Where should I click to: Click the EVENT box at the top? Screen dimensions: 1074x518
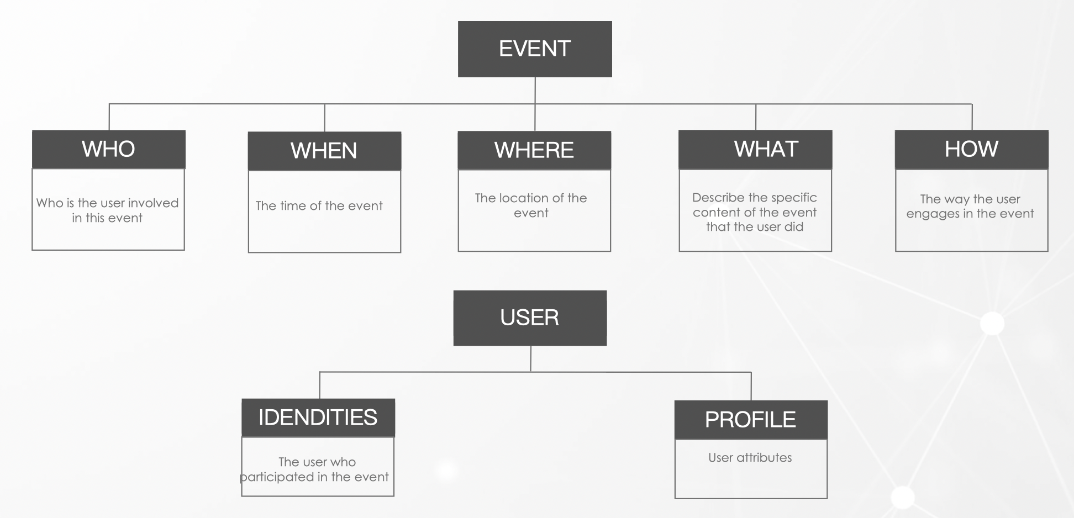pos(535,49)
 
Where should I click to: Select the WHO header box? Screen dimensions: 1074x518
pos(109,149)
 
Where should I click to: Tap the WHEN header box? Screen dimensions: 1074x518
pos(324,151)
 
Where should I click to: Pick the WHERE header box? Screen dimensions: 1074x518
pos(534,150)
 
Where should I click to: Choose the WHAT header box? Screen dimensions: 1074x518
pos(755,149)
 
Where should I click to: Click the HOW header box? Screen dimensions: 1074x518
pos(971,149)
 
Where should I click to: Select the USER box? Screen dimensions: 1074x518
pos(530,318)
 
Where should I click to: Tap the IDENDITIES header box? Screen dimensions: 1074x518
pos(318,417)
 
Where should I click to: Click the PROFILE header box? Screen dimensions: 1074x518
pos(751,420)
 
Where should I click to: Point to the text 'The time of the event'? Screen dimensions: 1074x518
pos(319,206)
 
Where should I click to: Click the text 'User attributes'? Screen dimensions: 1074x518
pos(750,457)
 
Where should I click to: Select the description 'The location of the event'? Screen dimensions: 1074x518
pos(531,205)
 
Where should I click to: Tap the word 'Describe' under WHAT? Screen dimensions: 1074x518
pos(718,197)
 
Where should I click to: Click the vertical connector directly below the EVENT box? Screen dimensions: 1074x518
pos(535,91)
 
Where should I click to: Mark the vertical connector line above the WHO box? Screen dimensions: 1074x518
pos(109,117)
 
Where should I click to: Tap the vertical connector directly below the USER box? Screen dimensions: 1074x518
pos(530,359)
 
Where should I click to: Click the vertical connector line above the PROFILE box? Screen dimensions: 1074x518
pos(751,387)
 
